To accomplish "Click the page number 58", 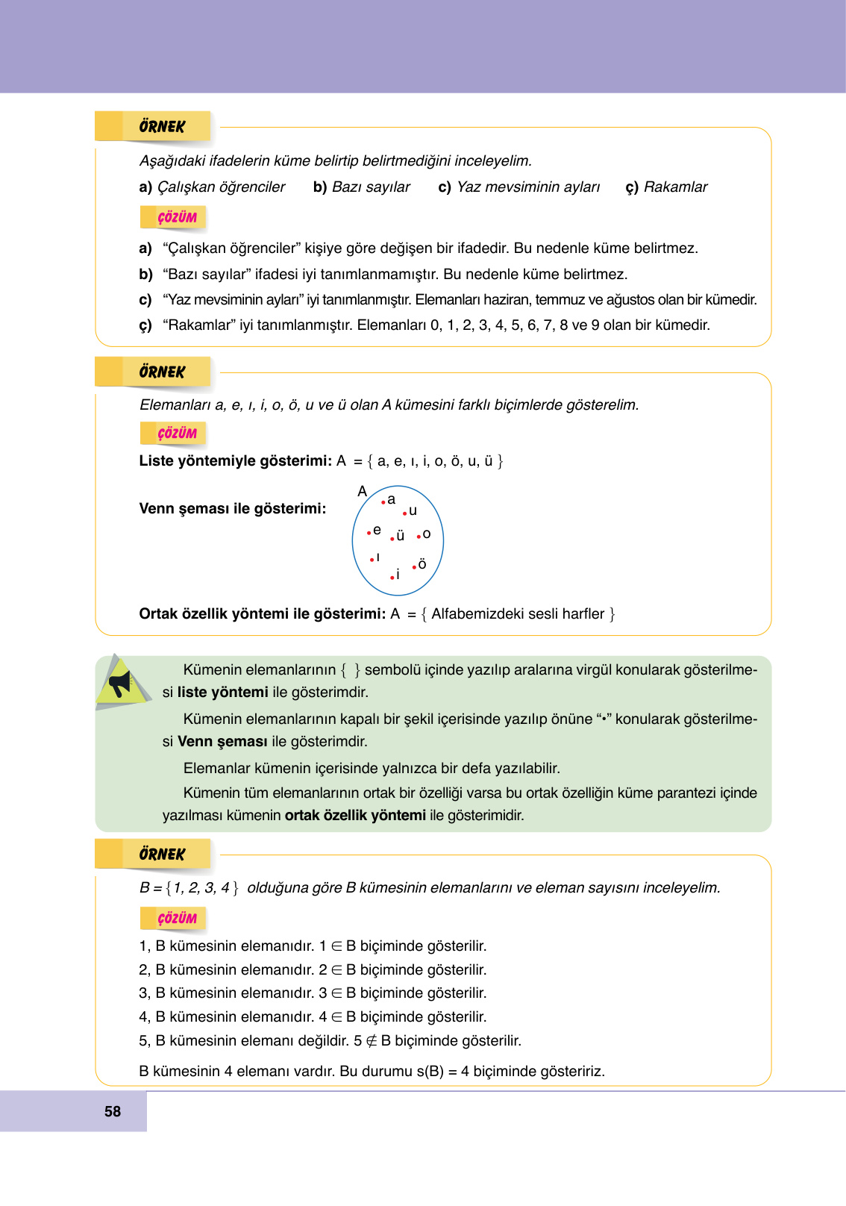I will pyautogui.click(x=113, y=1111).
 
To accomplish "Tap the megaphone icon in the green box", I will pyautogui.click(x=120, y=683).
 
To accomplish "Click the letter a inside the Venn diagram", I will pyautogui.click(x=392, y=499).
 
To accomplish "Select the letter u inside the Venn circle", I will pyautogui.click(x=413, y=511).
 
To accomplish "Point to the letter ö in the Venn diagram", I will pyautogui.click(x=422, y=565).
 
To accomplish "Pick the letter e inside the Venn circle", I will pyautogui.click(x=377, y=531).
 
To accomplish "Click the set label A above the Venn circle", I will pyautogui.click(x=363, y=491).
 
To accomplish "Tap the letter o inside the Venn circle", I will pyautogui.click(x=427, y=534).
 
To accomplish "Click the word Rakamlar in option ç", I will pyautogui.click(x=675, y=187).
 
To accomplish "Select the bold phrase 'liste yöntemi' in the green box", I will pyautogui.click(x=222, y=693).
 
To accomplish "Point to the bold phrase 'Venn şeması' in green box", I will pyautogui.click(x=222, y=742).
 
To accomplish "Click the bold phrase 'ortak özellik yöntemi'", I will pyautogui.click(x=355, y=816).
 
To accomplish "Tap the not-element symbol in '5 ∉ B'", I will pyautogui.click(x=372, y=1041).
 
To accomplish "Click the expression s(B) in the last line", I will pyautogui.click(x=430, y=1072).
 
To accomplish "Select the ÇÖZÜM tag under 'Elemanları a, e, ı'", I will pyautogui.click(x=177, y=434).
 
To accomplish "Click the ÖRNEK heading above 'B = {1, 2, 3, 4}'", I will pyautogui.click(x=162, y=854).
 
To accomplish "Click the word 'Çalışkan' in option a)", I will pyautogui.click(x=182, y=187).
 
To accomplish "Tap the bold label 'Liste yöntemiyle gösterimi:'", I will pyautogui.click(x=235, y=461).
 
